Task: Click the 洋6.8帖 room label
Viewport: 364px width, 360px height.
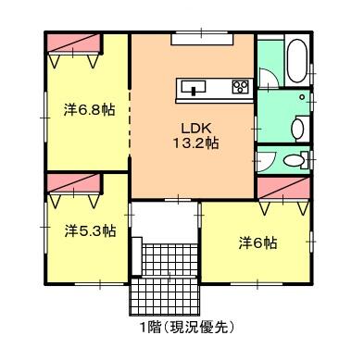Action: tap(89, 110)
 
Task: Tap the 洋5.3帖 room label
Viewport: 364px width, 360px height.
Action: tap(90, 230)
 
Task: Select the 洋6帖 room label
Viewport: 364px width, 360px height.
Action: tap(257, 243)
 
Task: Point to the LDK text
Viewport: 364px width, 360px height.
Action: tap(196, 128)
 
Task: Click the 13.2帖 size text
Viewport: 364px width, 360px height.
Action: tap(195, 143)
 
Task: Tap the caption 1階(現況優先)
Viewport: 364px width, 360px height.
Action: tap(186, 328)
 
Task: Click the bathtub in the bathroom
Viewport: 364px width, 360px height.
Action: tap(296, 60)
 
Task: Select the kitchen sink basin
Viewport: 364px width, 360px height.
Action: tap(194, 87)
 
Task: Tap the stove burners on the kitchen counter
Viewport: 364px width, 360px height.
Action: tap(240, 86)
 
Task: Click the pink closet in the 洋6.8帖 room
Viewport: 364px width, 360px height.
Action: tap(74, 43)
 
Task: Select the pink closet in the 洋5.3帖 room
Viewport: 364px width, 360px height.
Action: tap(74, 183)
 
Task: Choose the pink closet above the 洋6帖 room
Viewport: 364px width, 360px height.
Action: tap(283, 188)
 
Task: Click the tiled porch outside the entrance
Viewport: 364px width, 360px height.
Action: tap(165, 297)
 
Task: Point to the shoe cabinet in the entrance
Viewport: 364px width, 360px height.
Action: tap(137, 256)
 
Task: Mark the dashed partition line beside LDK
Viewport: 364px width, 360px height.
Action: tap(130, 123)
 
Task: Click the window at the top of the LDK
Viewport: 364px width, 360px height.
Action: tap(202, 39)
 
